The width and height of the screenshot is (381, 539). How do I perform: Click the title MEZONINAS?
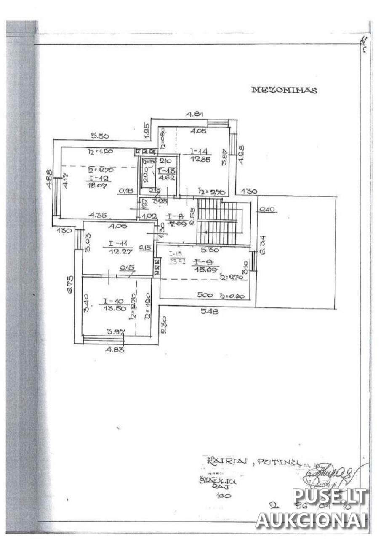[284, 90]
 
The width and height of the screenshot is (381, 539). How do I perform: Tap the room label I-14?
[197, 151]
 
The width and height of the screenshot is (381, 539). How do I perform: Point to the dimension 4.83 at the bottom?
[115, 349]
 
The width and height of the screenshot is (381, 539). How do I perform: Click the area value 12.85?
[197, 159]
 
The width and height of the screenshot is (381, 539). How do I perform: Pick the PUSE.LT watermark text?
[329, 496]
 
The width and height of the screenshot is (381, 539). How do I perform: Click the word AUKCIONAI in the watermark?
[312, 520]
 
